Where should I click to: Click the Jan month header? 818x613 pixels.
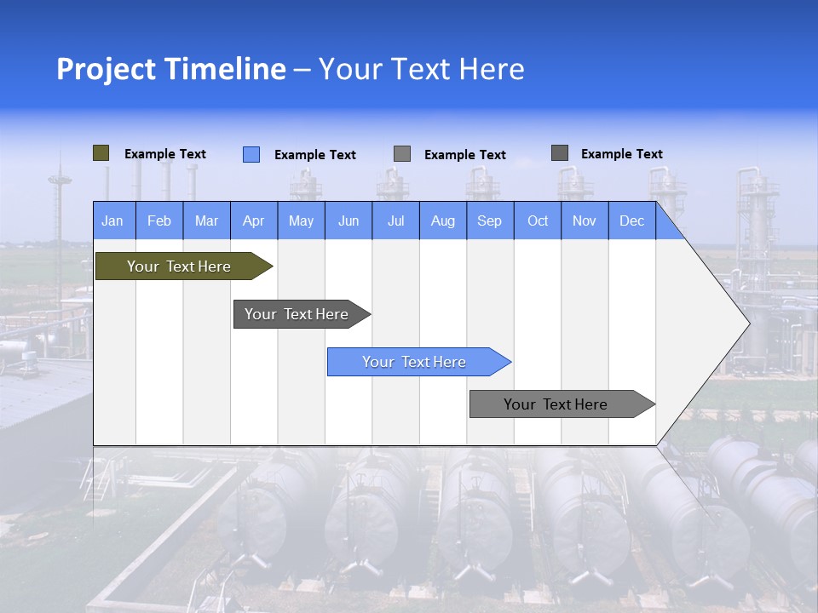(112, 221)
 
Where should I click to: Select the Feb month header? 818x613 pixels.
(159, 221)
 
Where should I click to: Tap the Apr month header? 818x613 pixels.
(253, 221)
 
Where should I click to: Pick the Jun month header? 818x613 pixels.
(349, 221)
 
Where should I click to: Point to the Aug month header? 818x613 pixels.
(442, 221)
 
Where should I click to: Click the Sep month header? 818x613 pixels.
(489, 221)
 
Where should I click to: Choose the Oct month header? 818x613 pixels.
(538, 221)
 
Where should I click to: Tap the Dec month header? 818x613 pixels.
(631, 221)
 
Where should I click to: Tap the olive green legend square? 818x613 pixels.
(101, 153)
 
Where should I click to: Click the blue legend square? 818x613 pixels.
(251, 154)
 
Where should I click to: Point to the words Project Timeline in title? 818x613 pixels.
(170, 69)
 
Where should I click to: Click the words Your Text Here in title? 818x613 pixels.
(421, 69)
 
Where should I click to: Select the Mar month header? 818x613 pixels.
(206, 221)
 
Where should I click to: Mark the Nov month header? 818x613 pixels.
(585, 221)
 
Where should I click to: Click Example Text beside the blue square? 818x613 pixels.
(314, 155)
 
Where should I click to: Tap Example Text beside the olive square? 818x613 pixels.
(164, 154)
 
